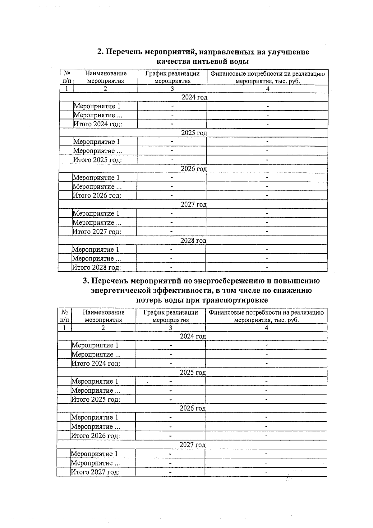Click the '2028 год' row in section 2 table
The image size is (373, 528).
coord(193,241)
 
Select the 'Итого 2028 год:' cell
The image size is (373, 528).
coord(96,267)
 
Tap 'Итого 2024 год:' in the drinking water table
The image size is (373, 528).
coord(97,124)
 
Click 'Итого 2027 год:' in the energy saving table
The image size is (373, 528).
coord(95,472)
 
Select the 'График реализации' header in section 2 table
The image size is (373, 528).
coord(172,77)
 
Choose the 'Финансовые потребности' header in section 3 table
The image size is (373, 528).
coord(266,316)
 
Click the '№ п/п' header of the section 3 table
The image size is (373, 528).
coord(65,316)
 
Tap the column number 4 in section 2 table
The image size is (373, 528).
coord(268,89)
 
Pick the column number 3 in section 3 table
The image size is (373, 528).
coord(170,328)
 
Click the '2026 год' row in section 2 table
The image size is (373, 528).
coord(194,169)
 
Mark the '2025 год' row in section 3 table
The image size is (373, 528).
coord(193,372)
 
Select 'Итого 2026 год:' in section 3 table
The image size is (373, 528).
coord(95,436)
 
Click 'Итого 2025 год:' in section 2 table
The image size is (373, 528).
coord(97,160)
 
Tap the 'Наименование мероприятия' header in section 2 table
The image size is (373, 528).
coord(106,77)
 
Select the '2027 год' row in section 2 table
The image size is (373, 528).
coord(193,205)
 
